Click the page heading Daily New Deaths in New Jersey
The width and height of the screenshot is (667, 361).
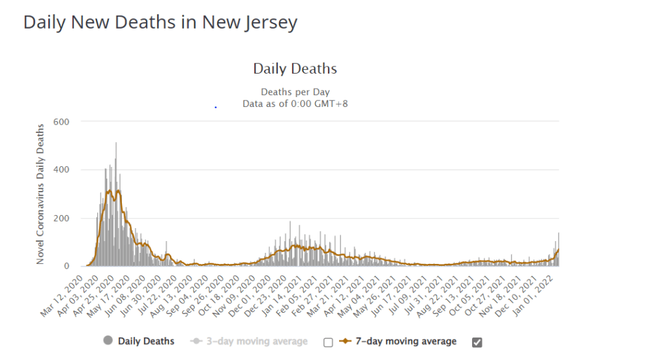(x=160, y=23)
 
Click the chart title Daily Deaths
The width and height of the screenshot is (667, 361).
(x=295, y=68)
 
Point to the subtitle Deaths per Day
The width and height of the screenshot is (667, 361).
(x=295, y=92)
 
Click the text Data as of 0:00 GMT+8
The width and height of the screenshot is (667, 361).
(x=295, y=103)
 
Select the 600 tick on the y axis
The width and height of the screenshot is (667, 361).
(x=70, y=121)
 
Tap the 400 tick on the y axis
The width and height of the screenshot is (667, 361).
(x=70, y=169)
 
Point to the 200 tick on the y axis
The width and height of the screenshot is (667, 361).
(x=70, y=218)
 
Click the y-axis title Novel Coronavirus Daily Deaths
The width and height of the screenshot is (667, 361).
(x=40, y=193)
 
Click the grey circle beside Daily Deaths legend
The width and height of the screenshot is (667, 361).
(x=108, y=341)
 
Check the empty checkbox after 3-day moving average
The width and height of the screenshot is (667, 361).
(x=328, y=342)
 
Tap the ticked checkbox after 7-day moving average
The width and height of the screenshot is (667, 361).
(x=477, y=342)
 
